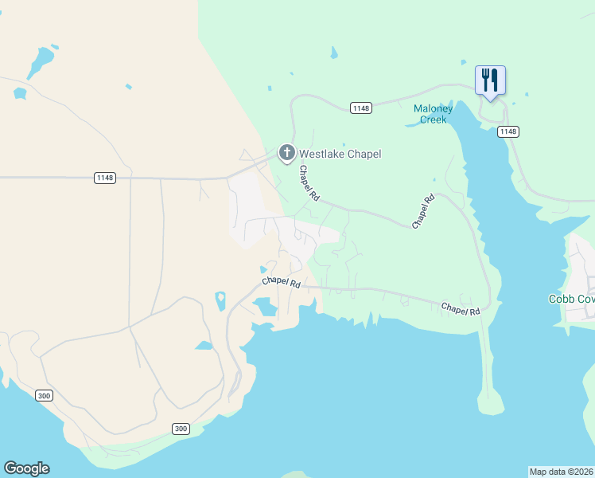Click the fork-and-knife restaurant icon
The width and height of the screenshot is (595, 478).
[490, 80]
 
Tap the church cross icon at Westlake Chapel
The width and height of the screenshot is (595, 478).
[286, 152]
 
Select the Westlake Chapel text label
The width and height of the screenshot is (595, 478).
[340, 154]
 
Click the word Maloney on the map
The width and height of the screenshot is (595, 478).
[433, 109]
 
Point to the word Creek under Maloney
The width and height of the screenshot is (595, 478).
[433, 120]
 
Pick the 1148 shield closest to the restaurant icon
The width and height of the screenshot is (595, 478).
[507, 131]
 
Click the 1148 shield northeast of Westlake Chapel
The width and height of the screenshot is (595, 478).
[361, 108]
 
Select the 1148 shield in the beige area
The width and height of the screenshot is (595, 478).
[104, 178]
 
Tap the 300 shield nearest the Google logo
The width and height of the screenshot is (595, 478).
[45, 395]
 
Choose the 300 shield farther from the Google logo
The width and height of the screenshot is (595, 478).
[181, 429]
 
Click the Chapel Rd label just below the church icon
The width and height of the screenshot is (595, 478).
[309, 182]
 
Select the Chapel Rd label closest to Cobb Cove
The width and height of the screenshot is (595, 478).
[461, 308]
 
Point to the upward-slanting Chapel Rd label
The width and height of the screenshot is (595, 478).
[424, 212]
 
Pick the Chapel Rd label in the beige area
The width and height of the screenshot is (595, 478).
[282, 282]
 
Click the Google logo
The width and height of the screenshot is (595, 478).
[26, 468]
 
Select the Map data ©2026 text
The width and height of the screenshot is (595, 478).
[562, 472]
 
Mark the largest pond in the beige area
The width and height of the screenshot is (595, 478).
[41, 60]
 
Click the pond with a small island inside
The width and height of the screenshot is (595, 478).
[220, 300]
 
